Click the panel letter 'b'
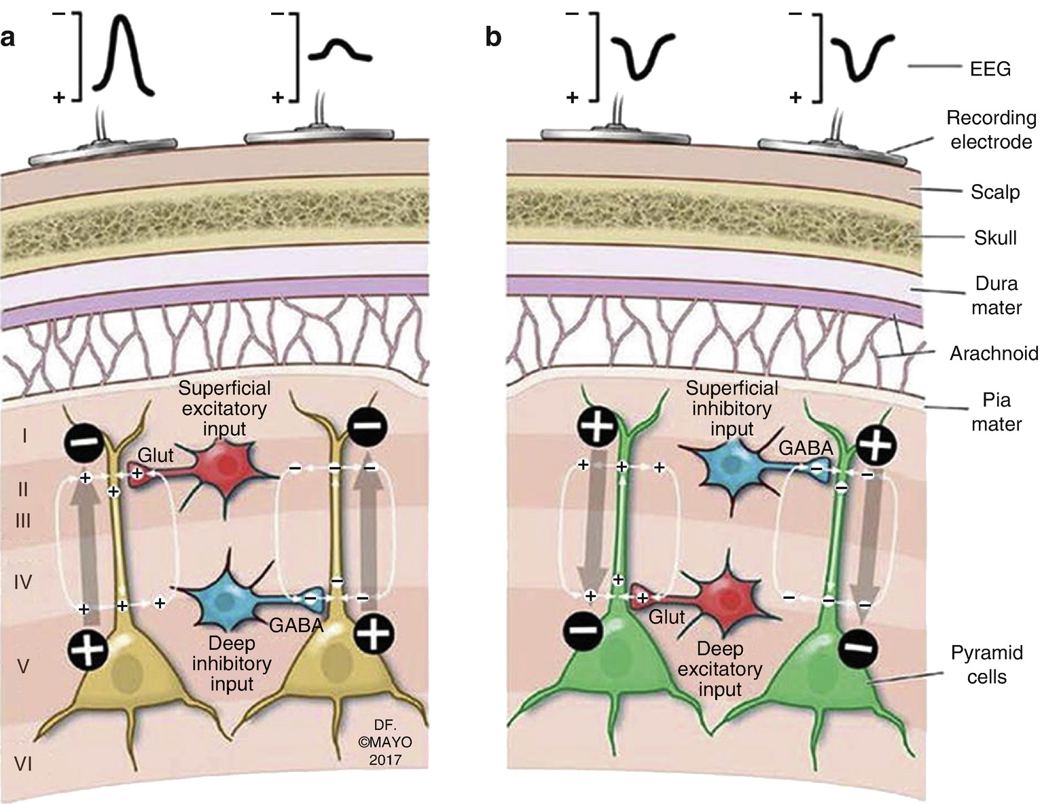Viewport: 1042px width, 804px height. coord(493,37)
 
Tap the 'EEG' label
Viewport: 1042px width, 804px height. coord(990,69)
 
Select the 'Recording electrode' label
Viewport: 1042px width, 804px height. coord(991,130)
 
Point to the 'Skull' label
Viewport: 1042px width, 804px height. coord(995,238)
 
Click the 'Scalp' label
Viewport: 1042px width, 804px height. coord(995,192)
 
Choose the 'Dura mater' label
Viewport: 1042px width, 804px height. coord(996,295)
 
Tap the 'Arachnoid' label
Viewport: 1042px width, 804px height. coord(994,353)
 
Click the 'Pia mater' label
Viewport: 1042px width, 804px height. coord(996,412)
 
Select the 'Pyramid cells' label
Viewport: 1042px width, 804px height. coord(986,665)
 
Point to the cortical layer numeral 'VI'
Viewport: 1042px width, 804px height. coord(24,765)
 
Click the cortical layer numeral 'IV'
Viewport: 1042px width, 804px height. coord(23,582)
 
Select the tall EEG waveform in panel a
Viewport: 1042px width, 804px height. coord(124,54)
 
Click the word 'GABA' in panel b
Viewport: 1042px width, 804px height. coord(806,448)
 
